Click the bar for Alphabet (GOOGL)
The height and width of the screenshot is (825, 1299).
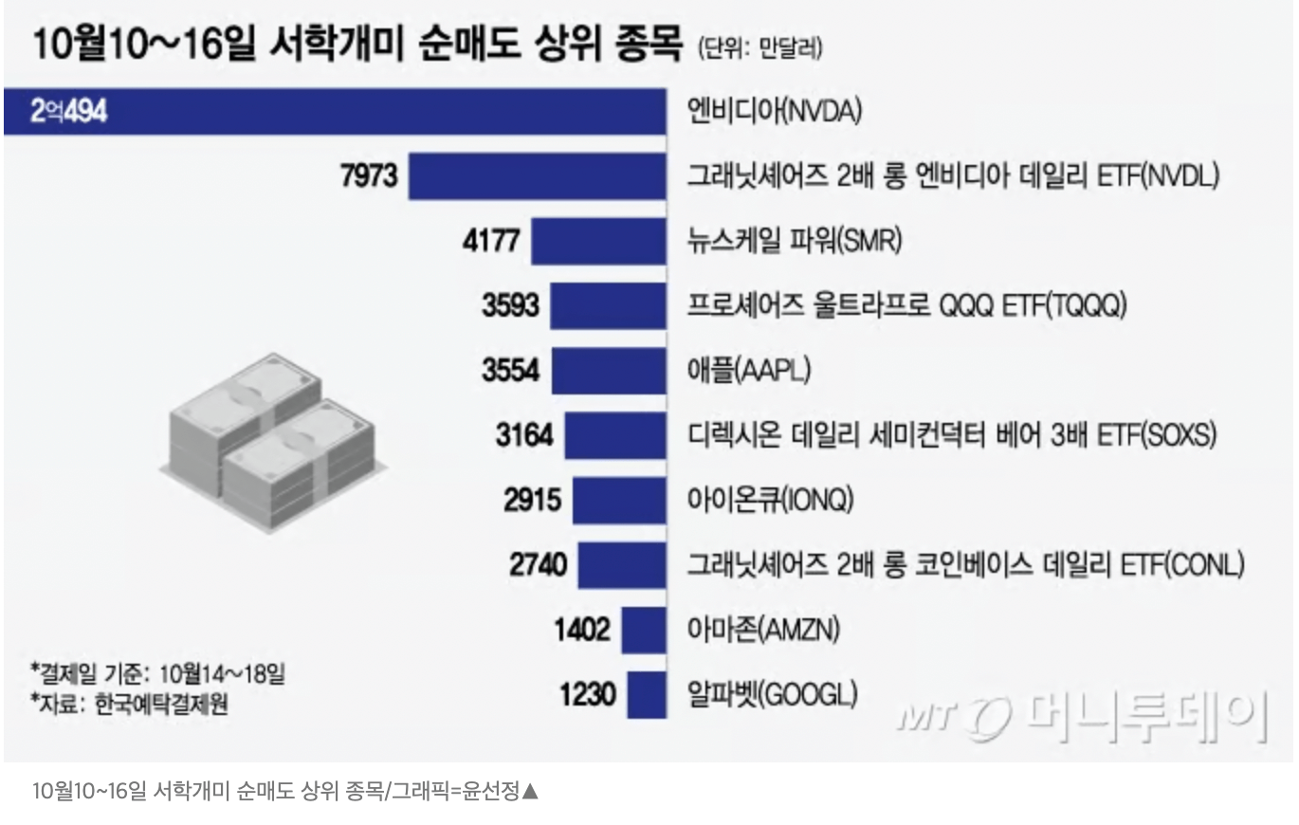click(x=647, y=695)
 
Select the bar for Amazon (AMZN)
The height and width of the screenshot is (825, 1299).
click(x=644, y=630)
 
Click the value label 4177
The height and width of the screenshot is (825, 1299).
click(x=490, y=241)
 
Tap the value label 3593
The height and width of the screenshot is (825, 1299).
click(x=510, y=305)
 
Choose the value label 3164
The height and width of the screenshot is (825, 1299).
click(x=523, y=435)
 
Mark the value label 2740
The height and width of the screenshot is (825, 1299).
click(x=538, y=565)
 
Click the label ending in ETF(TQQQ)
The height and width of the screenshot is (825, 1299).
click(x=906, y=305)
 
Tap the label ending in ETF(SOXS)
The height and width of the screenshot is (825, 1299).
click(x=951, y=435)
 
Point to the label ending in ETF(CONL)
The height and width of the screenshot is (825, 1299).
click(x=965, y=565)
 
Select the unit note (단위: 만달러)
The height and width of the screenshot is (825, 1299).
click(x=759, y=48)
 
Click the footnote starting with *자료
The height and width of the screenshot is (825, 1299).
click(x=129, y=705)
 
